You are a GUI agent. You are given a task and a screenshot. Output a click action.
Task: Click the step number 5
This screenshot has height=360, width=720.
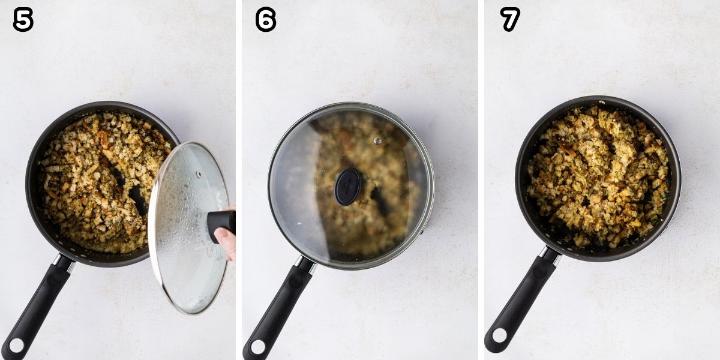(x=23, y=20)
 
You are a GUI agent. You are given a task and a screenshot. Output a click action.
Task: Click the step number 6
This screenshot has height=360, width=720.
(x=266, y=20)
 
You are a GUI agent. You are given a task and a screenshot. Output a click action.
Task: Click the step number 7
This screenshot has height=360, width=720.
(x=510, y=20)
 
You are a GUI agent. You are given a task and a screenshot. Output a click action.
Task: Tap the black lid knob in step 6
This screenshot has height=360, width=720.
(x=347, y=187)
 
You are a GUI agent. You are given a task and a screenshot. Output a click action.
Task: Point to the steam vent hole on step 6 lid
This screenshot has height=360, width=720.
(x=377, y=141)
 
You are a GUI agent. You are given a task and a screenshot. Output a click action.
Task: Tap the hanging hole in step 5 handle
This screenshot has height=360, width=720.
(x=15, y=346)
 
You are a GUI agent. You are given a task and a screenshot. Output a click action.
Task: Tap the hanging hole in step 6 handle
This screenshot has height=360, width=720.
(x=257, y=347)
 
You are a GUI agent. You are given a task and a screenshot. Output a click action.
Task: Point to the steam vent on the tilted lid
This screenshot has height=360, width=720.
(x=199, y=174)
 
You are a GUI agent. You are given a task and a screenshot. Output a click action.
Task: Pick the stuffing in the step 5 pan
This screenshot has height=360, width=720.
(x=90, y=180)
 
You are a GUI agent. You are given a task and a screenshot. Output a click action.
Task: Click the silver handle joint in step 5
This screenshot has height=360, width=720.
(x=65, y=262)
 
